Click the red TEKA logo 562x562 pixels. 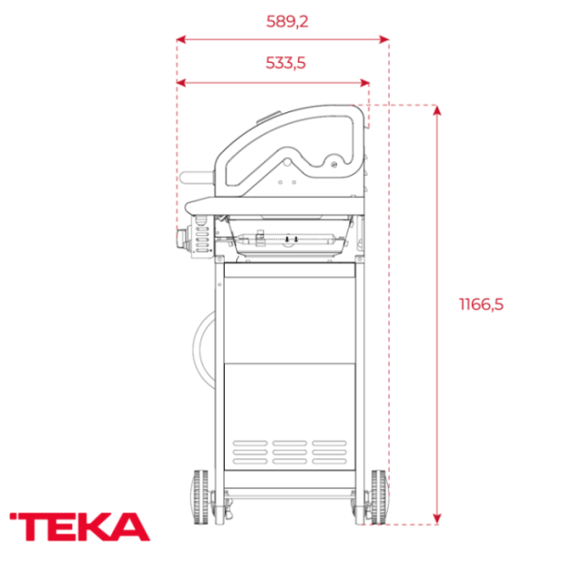point(79,525)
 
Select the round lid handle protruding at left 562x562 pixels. point(198,178)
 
